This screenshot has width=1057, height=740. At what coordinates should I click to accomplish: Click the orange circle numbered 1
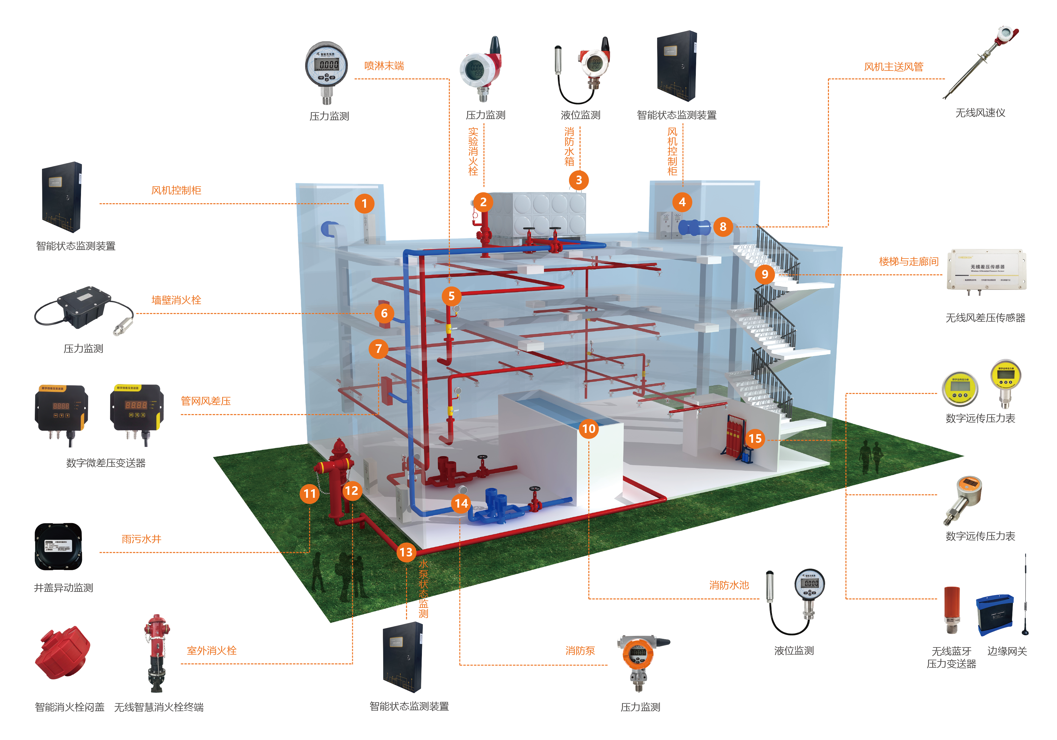click(x=364, y=204)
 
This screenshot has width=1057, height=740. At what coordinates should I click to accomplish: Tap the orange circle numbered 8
click(x=723, y=226)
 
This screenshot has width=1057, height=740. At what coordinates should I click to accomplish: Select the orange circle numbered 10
click(x=589, y=429)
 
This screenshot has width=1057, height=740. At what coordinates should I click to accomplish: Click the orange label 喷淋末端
click(x=384, y=66)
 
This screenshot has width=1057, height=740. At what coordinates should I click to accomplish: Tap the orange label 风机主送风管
click(x=894, y=67)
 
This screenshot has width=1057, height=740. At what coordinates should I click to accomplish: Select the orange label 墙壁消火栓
click(x=176, y=300)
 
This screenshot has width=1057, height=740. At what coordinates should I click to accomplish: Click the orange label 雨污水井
click(x=141, y=539)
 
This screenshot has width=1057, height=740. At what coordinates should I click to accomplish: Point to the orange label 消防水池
click(x=729, y=585)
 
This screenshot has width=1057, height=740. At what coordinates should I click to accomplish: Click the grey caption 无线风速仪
click(x=980, y=113)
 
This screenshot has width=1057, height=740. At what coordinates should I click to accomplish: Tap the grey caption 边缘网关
click(x=1007, y=651)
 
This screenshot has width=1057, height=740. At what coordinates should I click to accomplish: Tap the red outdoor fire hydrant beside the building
click(x=338, y=479)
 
